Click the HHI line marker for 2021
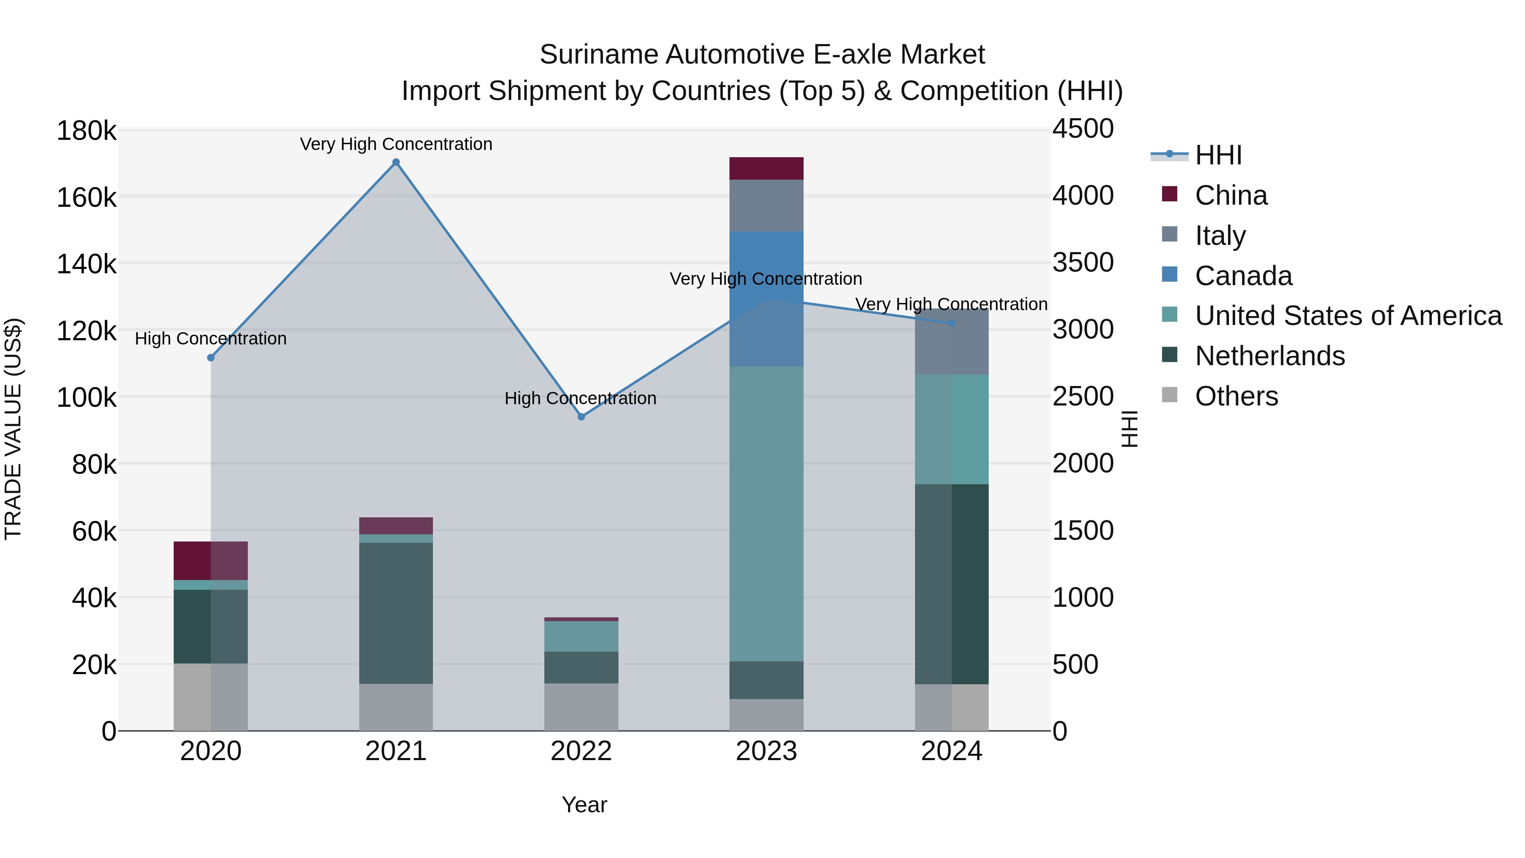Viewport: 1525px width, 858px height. click(x=396, y=162)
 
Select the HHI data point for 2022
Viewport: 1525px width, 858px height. click(x=581, y=417)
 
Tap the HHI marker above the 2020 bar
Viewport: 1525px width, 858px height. click(x=211, y=358)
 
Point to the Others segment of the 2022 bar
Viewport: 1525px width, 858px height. click(x=581, y=707)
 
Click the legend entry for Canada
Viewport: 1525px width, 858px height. click(x=1243, y=276)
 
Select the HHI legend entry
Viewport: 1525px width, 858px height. click(x=1218, y=155)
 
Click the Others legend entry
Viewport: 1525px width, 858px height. click(x=1236, y=396)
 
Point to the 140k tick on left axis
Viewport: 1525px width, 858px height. click(x=86, y=264)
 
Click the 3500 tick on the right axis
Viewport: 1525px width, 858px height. click(x=1083, y=262)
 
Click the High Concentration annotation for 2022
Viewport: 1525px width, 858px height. click(x=580, y=399)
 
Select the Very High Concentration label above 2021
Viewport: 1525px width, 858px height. click(x=396, y=144)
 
